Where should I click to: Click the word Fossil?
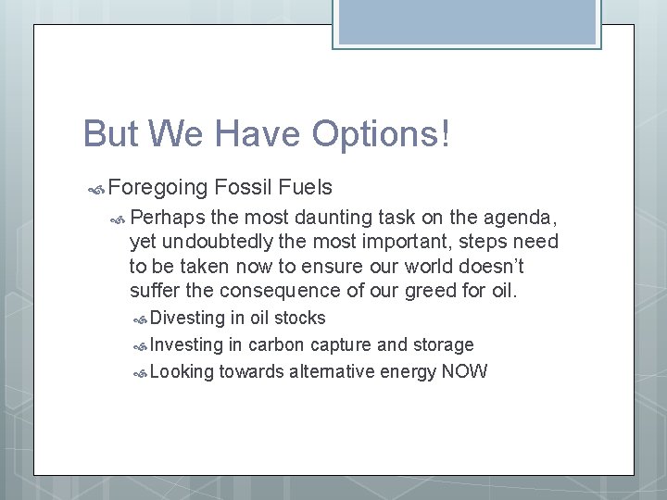tap(244, 189)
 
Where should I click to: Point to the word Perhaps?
tap(168, 219)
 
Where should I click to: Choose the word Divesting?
tap(187, 319)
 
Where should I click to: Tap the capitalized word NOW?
tap(464, 372)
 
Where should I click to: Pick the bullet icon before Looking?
tap(141, 373)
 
